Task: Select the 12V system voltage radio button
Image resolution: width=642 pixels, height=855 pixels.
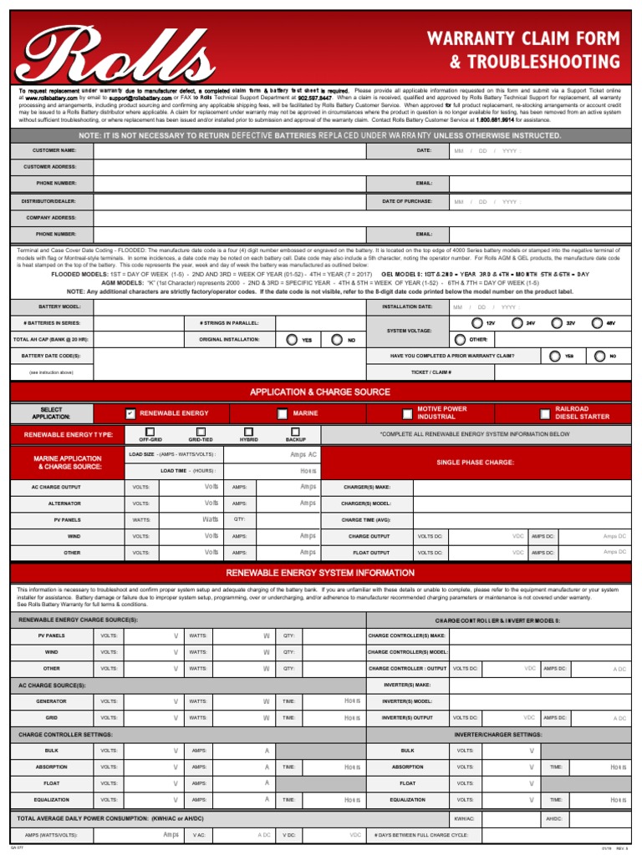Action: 476,322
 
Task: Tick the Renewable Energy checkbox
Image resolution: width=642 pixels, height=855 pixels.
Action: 130,413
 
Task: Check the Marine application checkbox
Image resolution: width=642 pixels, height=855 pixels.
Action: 283,413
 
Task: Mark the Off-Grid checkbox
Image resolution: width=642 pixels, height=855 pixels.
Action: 150,431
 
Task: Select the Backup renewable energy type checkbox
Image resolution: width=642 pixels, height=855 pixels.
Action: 296,431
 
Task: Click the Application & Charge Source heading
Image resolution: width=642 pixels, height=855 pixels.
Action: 320,392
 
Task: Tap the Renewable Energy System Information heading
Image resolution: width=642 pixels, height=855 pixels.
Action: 320,573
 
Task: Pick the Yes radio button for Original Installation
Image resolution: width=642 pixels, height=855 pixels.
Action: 291,340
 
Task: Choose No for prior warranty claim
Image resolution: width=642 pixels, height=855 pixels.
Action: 599,356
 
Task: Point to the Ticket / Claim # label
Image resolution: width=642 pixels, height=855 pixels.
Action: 432,372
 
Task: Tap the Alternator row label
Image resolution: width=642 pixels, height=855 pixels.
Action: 64,503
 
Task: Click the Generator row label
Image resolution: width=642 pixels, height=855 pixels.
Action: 51,701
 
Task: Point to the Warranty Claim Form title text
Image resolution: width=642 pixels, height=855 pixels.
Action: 523,38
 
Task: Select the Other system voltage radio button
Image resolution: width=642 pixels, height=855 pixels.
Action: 459,339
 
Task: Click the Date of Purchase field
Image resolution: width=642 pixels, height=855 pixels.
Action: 535,201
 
